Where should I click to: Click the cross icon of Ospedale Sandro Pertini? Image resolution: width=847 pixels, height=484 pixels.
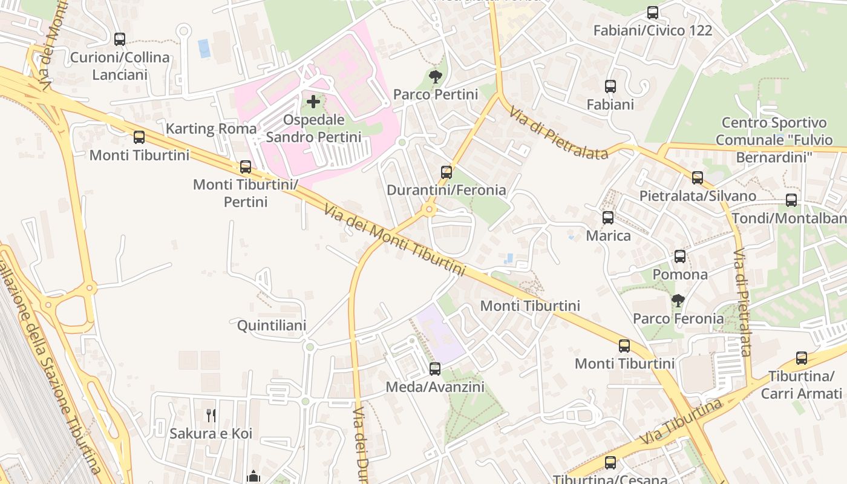point(313,101)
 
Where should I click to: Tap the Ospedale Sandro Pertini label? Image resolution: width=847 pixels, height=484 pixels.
point(313,128)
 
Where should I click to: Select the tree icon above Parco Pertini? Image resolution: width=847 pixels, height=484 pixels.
point(435,76)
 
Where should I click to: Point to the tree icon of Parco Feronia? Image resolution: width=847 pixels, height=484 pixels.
point(678,300)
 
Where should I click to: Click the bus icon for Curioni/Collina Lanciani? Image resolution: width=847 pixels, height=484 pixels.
point(120,39)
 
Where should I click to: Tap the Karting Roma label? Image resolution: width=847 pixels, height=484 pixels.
point(211,128)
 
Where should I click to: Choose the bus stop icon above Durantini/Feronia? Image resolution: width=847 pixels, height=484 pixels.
point(446,172)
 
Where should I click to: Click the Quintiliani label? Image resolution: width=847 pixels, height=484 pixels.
point(272,325)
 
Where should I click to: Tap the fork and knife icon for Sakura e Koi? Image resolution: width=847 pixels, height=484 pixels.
point(211,415)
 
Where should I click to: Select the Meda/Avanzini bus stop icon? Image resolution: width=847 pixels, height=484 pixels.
point(435,368)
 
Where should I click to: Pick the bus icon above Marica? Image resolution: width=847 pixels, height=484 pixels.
point(608,217)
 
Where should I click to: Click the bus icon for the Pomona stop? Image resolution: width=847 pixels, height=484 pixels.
point(680,257)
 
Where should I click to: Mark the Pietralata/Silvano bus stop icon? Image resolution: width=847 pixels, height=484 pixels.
point(698,177)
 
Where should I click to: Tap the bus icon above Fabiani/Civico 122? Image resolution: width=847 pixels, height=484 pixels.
point(653,12)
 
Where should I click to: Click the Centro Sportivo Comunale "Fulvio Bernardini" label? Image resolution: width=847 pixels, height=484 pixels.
point(774,140)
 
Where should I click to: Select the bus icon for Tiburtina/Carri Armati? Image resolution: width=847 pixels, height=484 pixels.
point(802,358)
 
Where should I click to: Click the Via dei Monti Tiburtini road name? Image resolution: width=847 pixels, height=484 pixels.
point(394,240)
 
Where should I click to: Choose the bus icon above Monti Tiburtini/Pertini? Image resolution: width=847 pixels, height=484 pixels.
point(246,166)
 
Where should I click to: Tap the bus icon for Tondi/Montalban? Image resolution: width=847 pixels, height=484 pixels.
point(791,200)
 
